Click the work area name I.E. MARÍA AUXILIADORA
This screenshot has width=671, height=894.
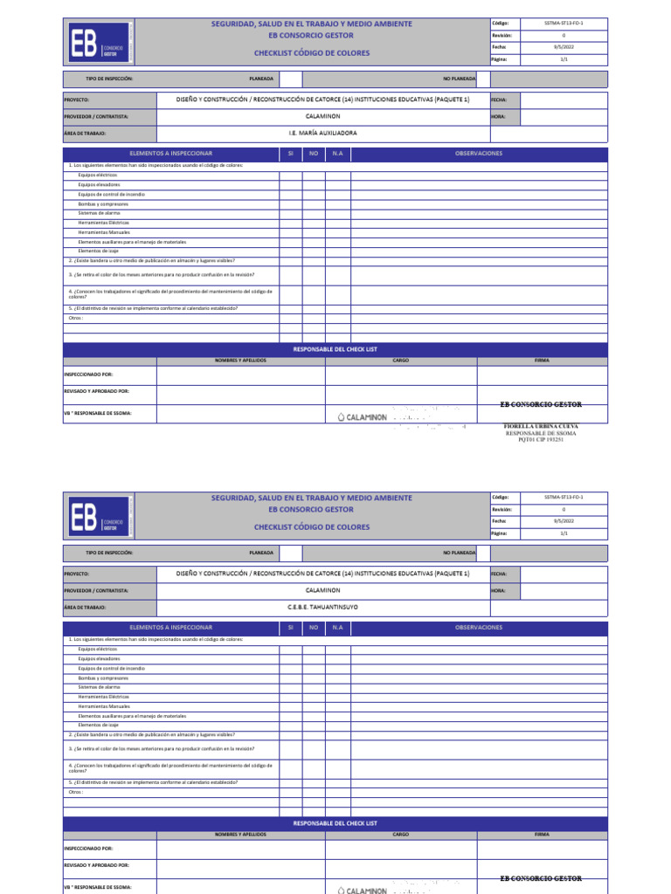[322, 134]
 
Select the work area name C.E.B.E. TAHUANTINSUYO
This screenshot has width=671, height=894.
[322, 607]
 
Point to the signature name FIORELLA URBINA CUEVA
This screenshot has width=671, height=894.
[541, 426]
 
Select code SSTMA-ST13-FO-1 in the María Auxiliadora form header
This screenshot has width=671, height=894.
[563, 24]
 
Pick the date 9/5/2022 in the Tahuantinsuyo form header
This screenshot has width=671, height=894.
[563, 520]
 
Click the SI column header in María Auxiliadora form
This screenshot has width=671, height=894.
[290, 154]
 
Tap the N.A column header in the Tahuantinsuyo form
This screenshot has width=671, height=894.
[337, 627]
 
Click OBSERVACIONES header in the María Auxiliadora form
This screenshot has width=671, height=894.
[479, 154]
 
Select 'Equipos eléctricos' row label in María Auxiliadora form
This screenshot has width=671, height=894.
[97, 175]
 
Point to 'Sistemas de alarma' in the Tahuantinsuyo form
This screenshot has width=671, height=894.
[98, 687]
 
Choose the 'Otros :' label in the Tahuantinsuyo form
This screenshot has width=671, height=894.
[76, 792]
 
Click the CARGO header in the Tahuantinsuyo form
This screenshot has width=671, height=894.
[401, 834]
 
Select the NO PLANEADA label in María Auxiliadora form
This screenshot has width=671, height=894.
[460, 79]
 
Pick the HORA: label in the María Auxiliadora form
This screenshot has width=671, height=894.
[499, 116]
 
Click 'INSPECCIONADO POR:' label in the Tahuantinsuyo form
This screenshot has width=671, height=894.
[88, 848]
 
